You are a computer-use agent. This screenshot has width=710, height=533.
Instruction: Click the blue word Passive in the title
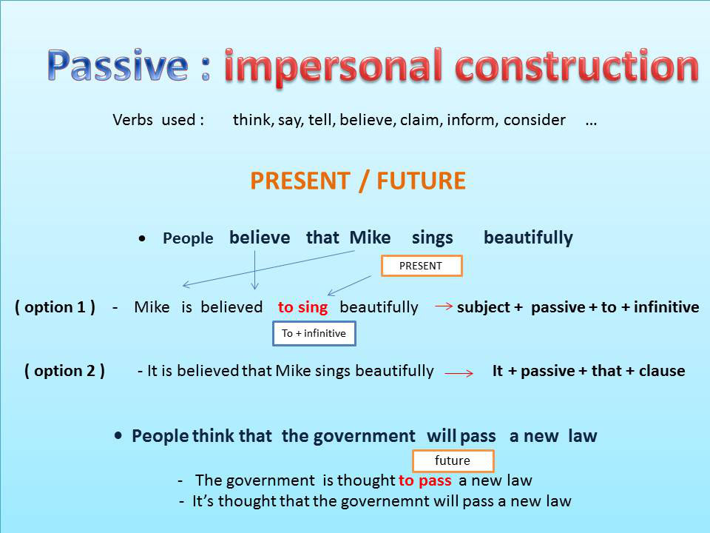tap(118, 67)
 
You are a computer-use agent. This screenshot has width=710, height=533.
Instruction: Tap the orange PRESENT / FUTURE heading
tap(358, 181)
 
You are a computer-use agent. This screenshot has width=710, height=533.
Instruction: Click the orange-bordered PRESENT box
tap(421, 266)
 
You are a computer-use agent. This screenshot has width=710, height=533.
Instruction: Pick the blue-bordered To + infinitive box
tap(314, 333)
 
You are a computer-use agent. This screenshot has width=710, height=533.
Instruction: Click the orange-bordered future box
tap(452, 460)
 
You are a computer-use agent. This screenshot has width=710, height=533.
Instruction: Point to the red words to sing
tap(302, 307)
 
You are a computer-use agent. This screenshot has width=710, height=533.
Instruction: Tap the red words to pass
tap(425, 480)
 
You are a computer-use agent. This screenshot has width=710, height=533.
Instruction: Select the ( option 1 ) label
tap(55, 307)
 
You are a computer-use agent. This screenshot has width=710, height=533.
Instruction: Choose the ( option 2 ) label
tap(64, 371)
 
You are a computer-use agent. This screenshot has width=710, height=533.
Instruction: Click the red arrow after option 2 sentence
tap(459, 374)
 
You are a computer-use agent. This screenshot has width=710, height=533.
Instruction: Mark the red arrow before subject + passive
tap(444, 306)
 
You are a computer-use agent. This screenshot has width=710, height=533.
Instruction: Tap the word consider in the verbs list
tap(534, 120)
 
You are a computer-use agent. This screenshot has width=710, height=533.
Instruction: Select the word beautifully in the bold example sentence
tap(528, 238)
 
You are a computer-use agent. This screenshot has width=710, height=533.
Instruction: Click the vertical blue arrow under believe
tap(254, 270)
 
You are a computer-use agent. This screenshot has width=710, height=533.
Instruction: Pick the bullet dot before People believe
tap(142, 239)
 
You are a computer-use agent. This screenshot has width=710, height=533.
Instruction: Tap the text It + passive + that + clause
tap(588, 371)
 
